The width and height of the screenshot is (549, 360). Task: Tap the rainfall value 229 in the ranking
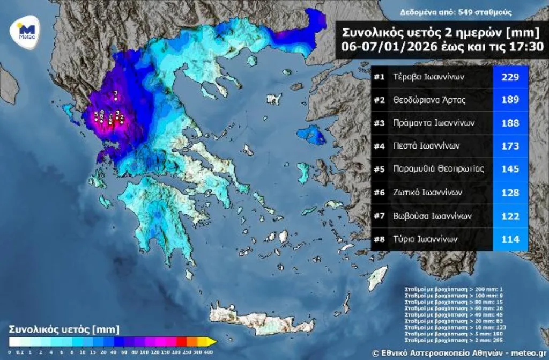point(510,77)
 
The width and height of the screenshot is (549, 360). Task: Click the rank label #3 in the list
point(380,123)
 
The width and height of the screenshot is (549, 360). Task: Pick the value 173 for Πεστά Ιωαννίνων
point(510,146)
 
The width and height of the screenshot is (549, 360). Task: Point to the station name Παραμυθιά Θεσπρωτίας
point(438,169)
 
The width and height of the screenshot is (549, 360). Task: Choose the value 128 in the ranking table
point(510,192)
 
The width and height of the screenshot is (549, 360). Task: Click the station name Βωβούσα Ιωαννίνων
point(432,216)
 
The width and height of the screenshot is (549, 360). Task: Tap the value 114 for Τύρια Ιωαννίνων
point(510,239)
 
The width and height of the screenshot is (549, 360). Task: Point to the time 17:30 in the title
point(528,47)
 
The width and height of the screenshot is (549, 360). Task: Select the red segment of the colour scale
point(181,341)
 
